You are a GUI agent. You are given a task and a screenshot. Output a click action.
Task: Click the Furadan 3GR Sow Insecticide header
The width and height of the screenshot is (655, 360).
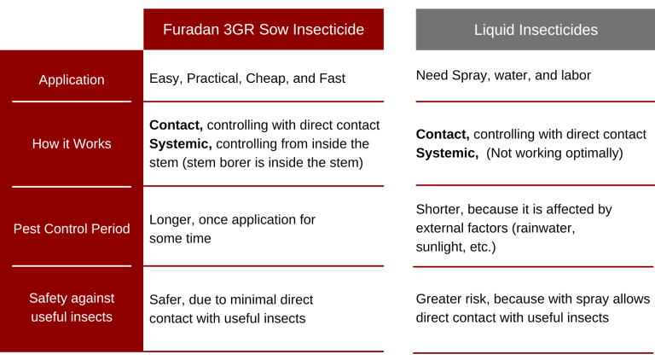264,29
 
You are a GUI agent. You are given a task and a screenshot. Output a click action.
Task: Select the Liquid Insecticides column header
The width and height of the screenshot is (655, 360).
536,30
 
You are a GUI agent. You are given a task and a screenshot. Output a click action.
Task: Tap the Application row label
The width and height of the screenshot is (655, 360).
72,80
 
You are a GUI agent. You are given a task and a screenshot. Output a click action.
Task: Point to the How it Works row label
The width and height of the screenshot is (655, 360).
72,143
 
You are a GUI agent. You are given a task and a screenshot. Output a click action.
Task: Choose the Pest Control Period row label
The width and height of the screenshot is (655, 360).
72,229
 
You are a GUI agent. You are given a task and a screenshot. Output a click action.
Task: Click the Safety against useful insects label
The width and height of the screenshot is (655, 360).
72,307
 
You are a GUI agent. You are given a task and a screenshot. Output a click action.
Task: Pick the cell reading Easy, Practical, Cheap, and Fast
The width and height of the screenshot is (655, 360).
247,78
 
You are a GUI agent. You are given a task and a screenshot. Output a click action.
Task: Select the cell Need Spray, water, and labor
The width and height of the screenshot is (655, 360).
503,76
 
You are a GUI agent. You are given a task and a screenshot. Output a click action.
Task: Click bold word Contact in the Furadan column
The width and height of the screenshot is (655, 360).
176,125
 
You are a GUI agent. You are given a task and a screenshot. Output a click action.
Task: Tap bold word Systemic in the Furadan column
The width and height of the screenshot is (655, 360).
181,143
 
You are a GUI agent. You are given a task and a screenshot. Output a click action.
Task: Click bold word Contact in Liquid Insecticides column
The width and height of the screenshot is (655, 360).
443,134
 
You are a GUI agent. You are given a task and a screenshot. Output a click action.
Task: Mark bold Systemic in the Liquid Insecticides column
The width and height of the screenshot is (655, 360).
447,153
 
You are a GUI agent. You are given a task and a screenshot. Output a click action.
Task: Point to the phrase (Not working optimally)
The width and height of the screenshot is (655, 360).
554,154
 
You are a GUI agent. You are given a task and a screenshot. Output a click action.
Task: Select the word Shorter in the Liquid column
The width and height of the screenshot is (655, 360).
438,209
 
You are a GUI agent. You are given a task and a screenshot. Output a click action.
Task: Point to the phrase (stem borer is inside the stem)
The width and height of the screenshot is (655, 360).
273,162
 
